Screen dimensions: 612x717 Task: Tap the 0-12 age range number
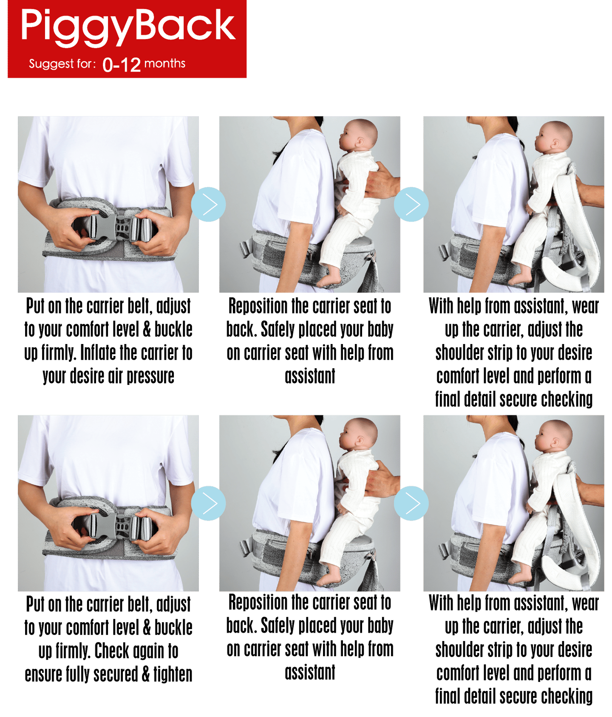[122, 65]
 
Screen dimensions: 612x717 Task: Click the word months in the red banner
[165, 64]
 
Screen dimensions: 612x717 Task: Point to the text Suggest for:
[62, 64]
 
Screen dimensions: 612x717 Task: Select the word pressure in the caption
[150, 376]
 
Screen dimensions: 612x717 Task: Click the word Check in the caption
[112, 651]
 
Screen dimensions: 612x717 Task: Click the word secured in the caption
[115, 675]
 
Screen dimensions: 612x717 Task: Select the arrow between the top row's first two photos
[208, 204]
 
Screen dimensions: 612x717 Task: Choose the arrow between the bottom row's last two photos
[411, 503]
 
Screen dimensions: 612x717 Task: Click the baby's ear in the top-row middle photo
[360, 142]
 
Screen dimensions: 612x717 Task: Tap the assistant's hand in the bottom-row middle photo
[380, 480]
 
